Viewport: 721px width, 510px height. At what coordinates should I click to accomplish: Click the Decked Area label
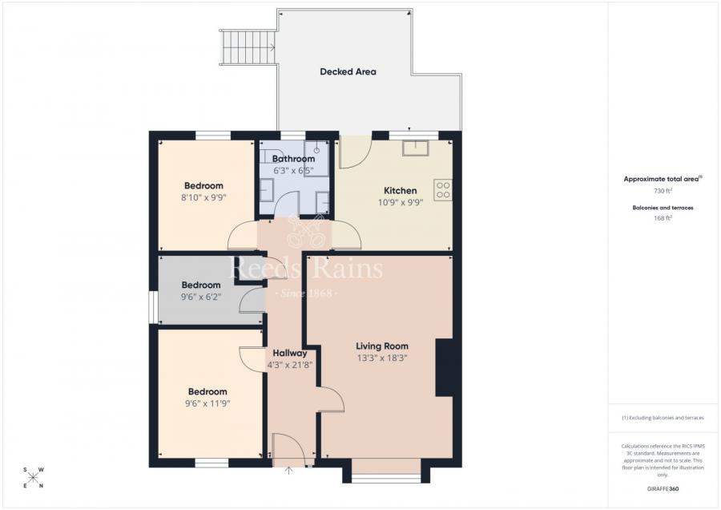pyautogui.click(x=348, y=71)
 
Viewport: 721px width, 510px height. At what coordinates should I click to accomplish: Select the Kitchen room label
pyautogui.click(x=400, y=190)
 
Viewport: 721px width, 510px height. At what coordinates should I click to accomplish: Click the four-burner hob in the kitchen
pyautogui.click(x=443, y=189)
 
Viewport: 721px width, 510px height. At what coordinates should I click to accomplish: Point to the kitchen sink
pyautogui.click(x=416, y=147)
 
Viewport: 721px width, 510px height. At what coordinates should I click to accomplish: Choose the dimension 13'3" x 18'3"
pyautogui.click(x=382, y=358)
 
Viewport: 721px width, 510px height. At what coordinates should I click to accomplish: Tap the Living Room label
pyautogui.click(x=382, y=346)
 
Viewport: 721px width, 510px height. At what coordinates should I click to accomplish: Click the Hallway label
pyautogui.click(x=289, y=353)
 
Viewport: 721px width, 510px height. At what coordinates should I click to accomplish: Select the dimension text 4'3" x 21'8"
pyautogui.click(x=289, y=365)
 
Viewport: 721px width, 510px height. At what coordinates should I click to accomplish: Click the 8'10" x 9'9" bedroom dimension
pyautogui.click(x=203, y=197)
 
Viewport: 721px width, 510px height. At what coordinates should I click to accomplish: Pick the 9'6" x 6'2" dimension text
pyautogui.click(x=200, y=297)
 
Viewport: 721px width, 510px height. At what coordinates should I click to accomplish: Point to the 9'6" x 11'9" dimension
pyautogui.click(x=207, y=403)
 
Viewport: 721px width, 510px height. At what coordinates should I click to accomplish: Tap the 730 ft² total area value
pyautogui.click(x=662, y=191)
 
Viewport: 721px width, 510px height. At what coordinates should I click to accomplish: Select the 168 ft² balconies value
pyautogui.click(x=662, y=217)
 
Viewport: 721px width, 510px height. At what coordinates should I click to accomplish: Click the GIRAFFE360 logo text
pyautogui.click(x=662, y=488)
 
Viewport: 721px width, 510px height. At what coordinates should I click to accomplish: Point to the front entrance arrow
pyautogui.click(x=289, y=470)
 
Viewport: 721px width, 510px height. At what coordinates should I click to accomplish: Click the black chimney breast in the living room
pyautogui.click(x=444, y=367)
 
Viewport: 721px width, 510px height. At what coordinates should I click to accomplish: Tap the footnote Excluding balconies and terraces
pyautogui.click(x=662, y=418)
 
